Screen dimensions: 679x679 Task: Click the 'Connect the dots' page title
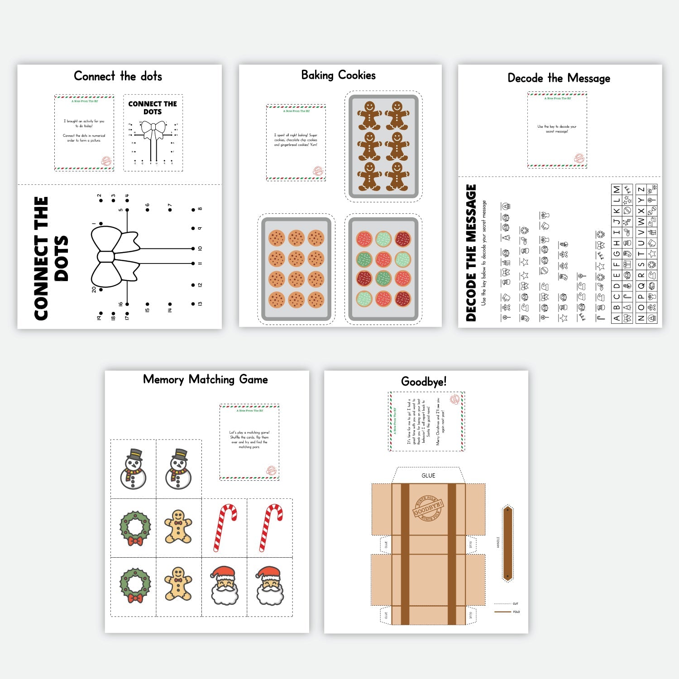coord(118,76)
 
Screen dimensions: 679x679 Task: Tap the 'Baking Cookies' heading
coord(338,75)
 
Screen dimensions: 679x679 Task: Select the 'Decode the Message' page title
coord(559,78)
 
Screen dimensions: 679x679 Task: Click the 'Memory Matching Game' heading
coord(205,379)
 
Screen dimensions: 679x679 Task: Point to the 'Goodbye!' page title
coord(424,382)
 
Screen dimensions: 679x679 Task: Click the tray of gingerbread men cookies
coord(383,146)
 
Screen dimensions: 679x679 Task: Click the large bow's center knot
coord(105,256)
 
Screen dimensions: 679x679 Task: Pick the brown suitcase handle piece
coord(507,543)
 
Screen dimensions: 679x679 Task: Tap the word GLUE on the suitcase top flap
coord(428,475)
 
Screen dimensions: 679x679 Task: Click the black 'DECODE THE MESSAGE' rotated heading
coord(471,253)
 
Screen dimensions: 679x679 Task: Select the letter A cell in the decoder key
coord(617,318)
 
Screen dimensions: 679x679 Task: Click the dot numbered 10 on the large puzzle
coord(193,249)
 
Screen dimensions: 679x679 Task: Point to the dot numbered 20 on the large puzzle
coord(100,289)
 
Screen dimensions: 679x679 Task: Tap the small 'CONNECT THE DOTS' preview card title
coord(153,108)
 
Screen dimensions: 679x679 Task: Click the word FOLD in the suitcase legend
coord(516,612)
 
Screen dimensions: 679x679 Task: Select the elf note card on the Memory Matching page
coord(249,442)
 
